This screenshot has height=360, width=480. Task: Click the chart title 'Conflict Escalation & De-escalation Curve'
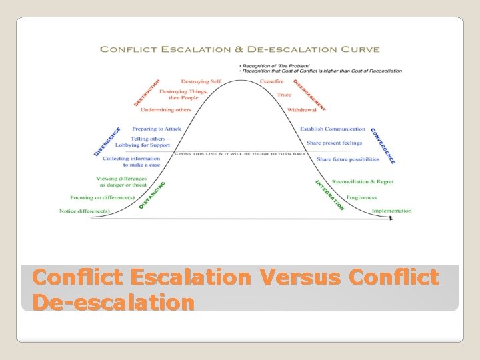coord(239,49)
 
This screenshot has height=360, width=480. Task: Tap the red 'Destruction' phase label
coord(147,93)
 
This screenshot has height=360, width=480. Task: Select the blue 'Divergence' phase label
coord(107,141)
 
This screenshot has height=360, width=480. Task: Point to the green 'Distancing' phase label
coord(152,195)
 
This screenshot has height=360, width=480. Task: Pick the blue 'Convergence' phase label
coord(383,146)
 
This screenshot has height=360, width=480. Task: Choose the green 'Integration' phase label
coord(329,195)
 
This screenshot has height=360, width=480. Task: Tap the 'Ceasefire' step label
coord(273,81)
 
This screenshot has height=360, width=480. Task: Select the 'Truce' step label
coord(284,95)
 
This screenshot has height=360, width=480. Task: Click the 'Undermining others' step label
coord(166,109)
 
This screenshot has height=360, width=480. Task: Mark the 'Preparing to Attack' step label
coord(157,129)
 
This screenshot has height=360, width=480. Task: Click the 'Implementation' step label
coord(391,211)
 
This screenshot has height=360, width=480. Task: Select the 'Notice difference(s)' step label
coord(85,211)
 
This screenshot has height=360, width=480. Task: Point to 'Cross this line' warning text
coord(240,153)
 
